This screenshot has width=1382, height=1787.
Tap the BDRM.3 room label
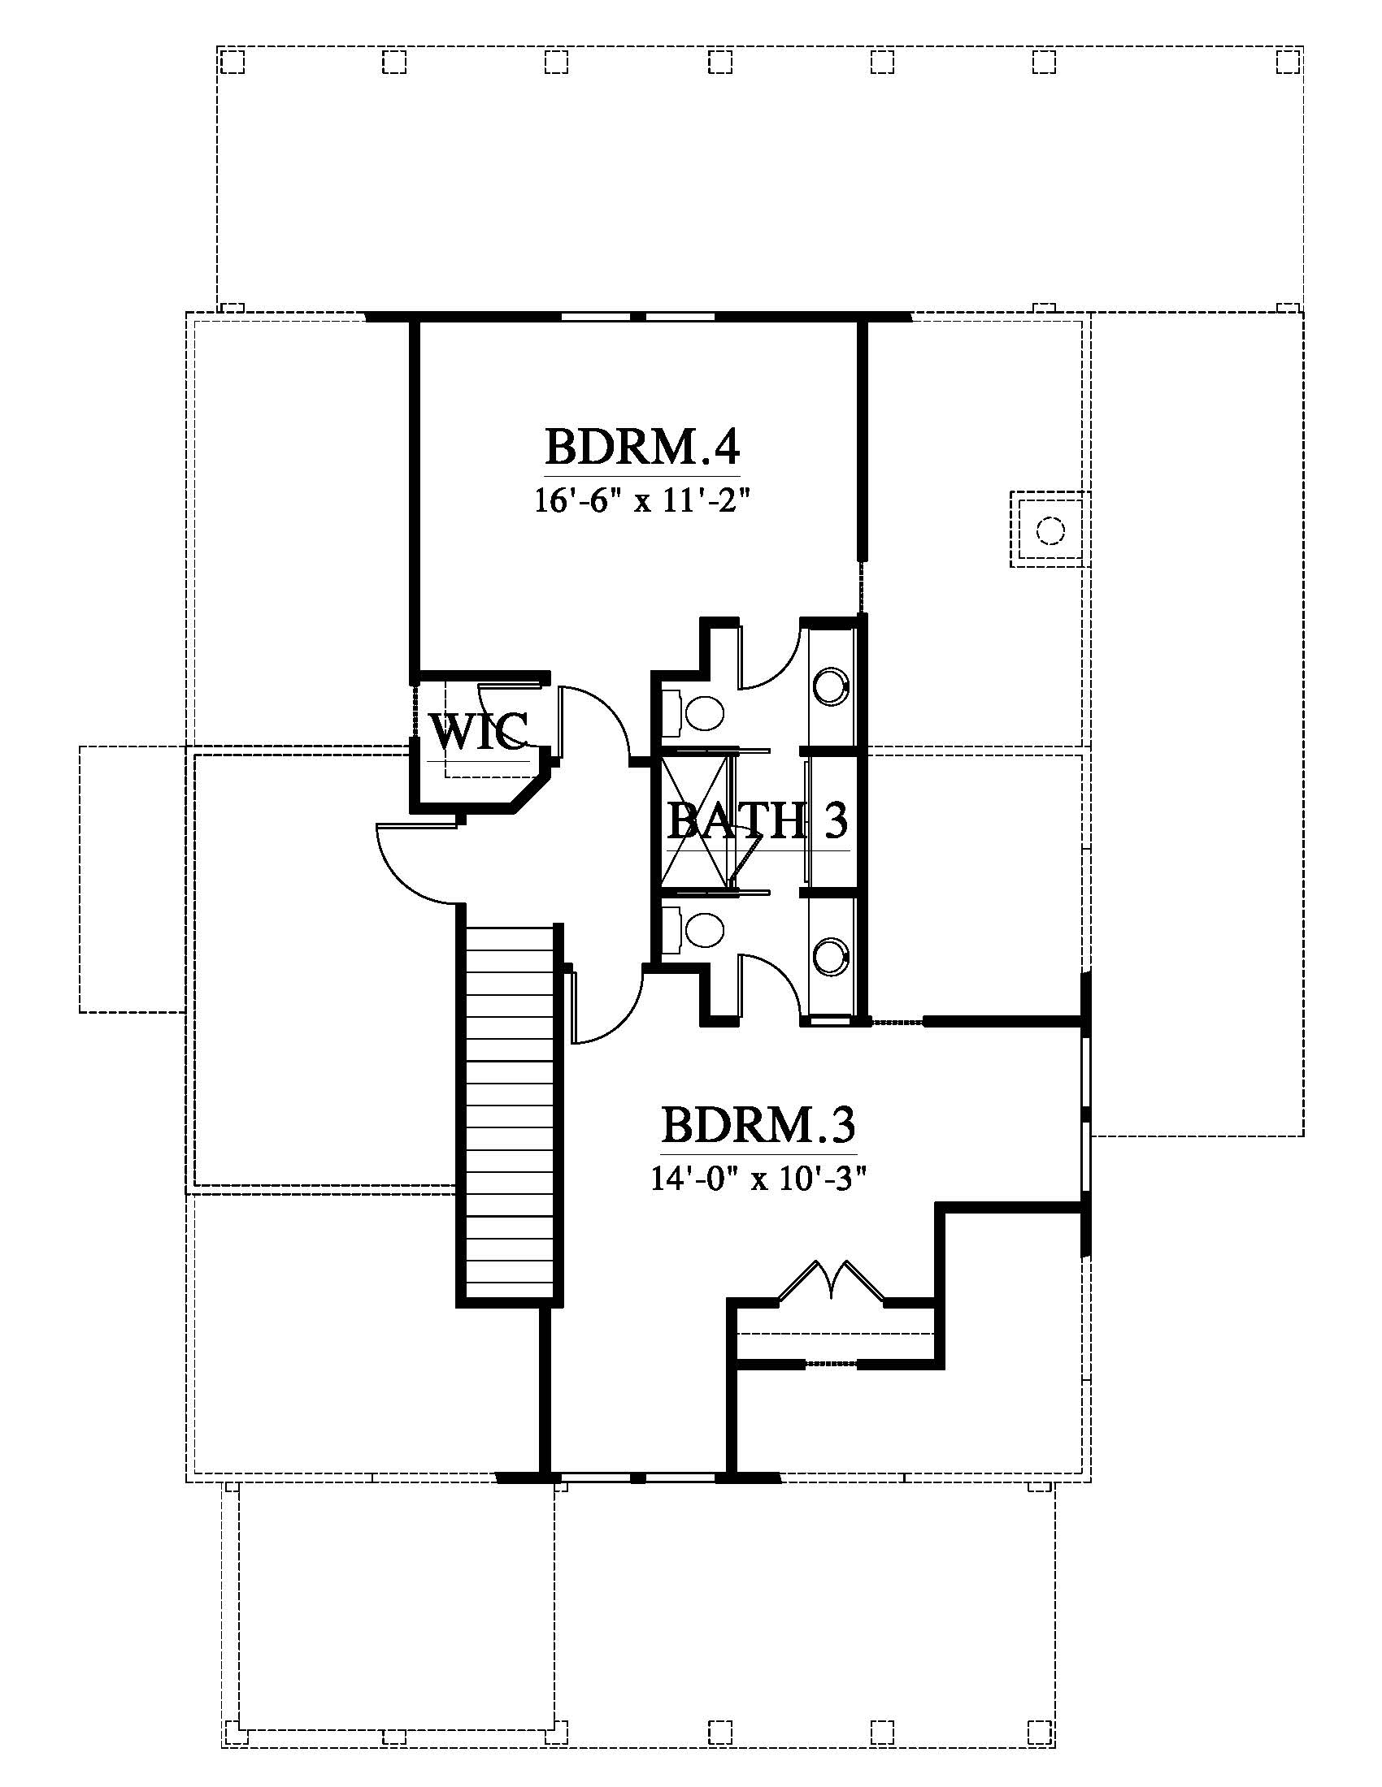pos(758,1125)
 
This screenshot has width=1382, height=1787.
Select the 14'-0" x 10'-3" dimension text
pos(758,1179)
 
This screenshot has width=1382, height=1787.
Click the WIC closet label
pos(479,731)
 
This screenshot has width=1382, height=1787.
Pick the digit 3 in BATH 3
pos(835,820)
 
